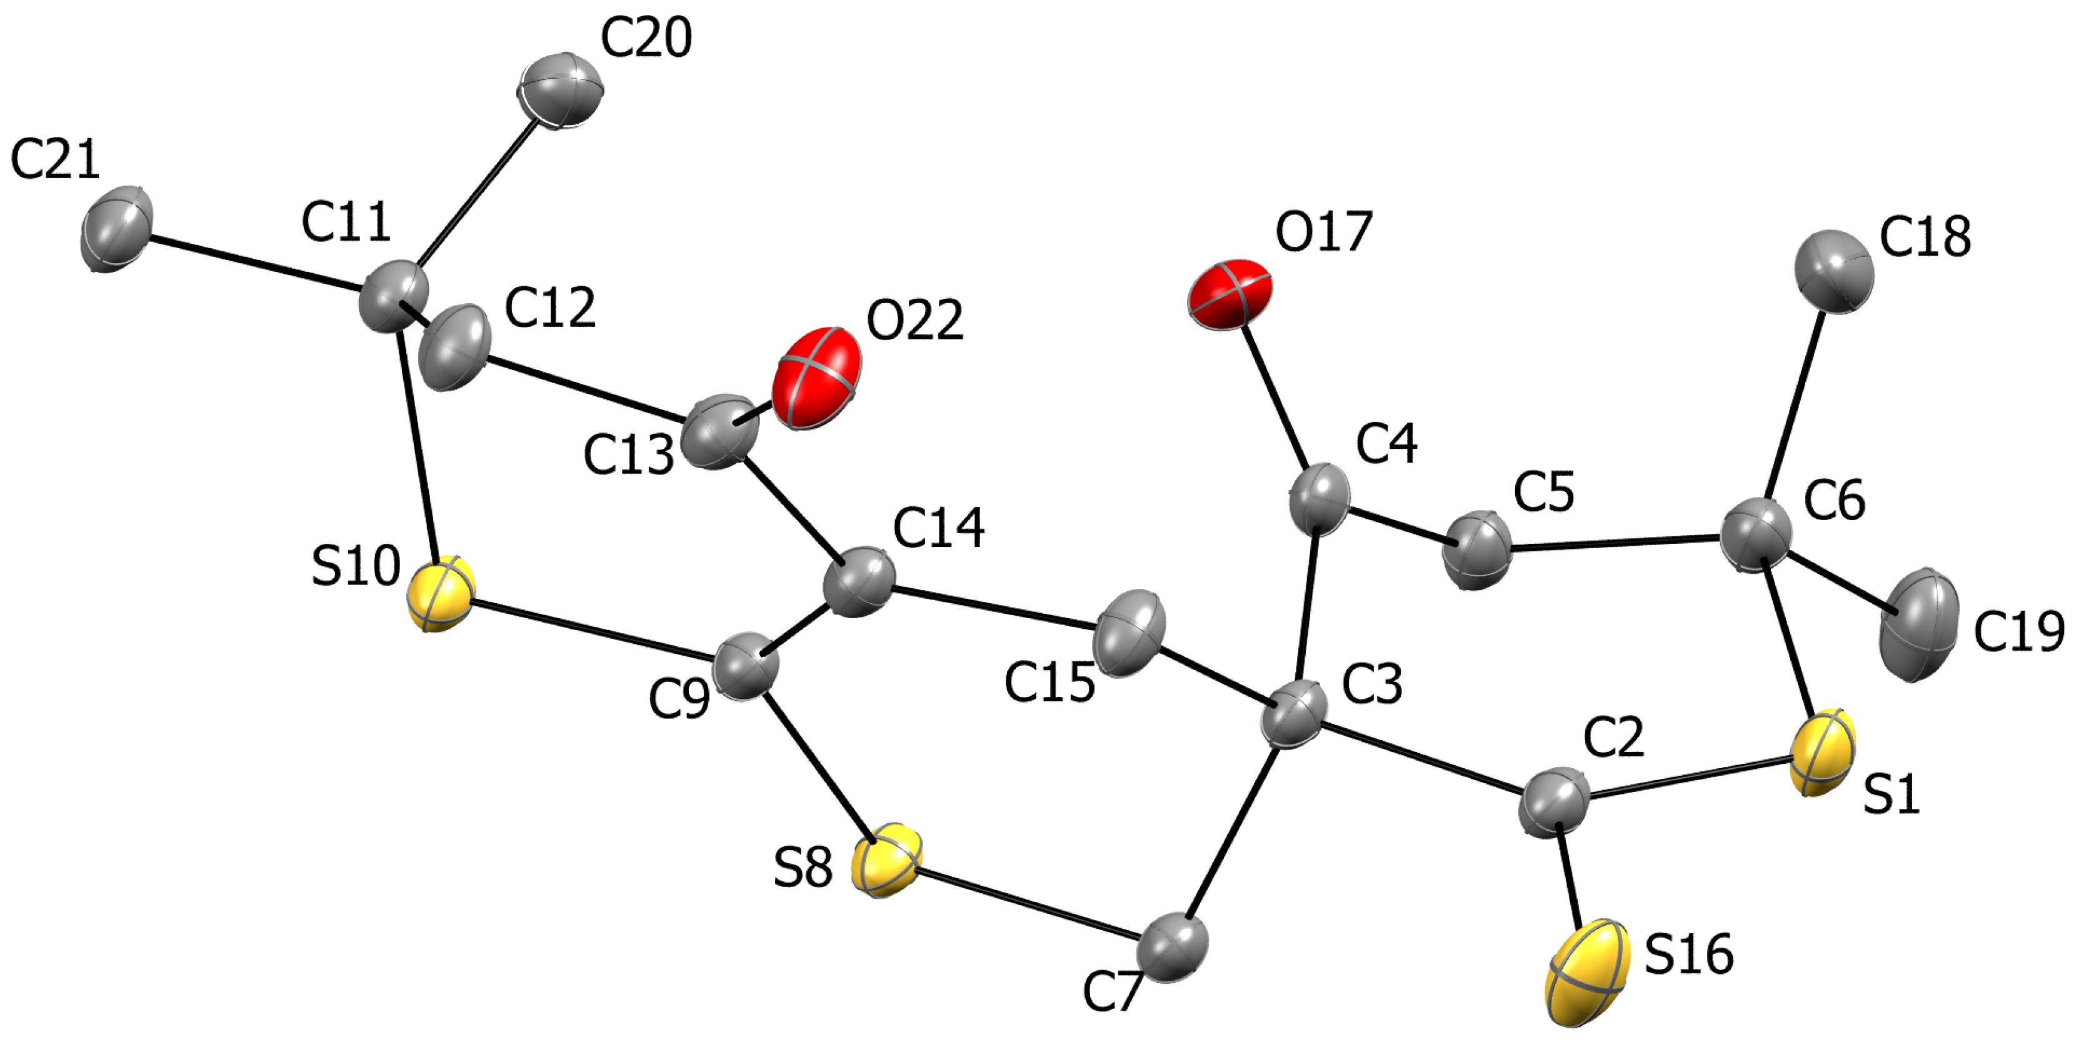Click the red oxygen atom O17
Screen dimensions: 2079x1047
click(1230, 294)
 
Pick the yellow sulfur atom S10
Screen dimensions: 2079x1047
click(440, 593)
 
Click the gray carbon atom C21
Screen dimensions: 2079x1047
click(116, 228)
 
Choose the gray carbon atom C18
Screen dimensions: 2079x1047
click(1833, 271)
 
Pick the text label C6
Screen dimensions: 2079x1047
click(1835, 501)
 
